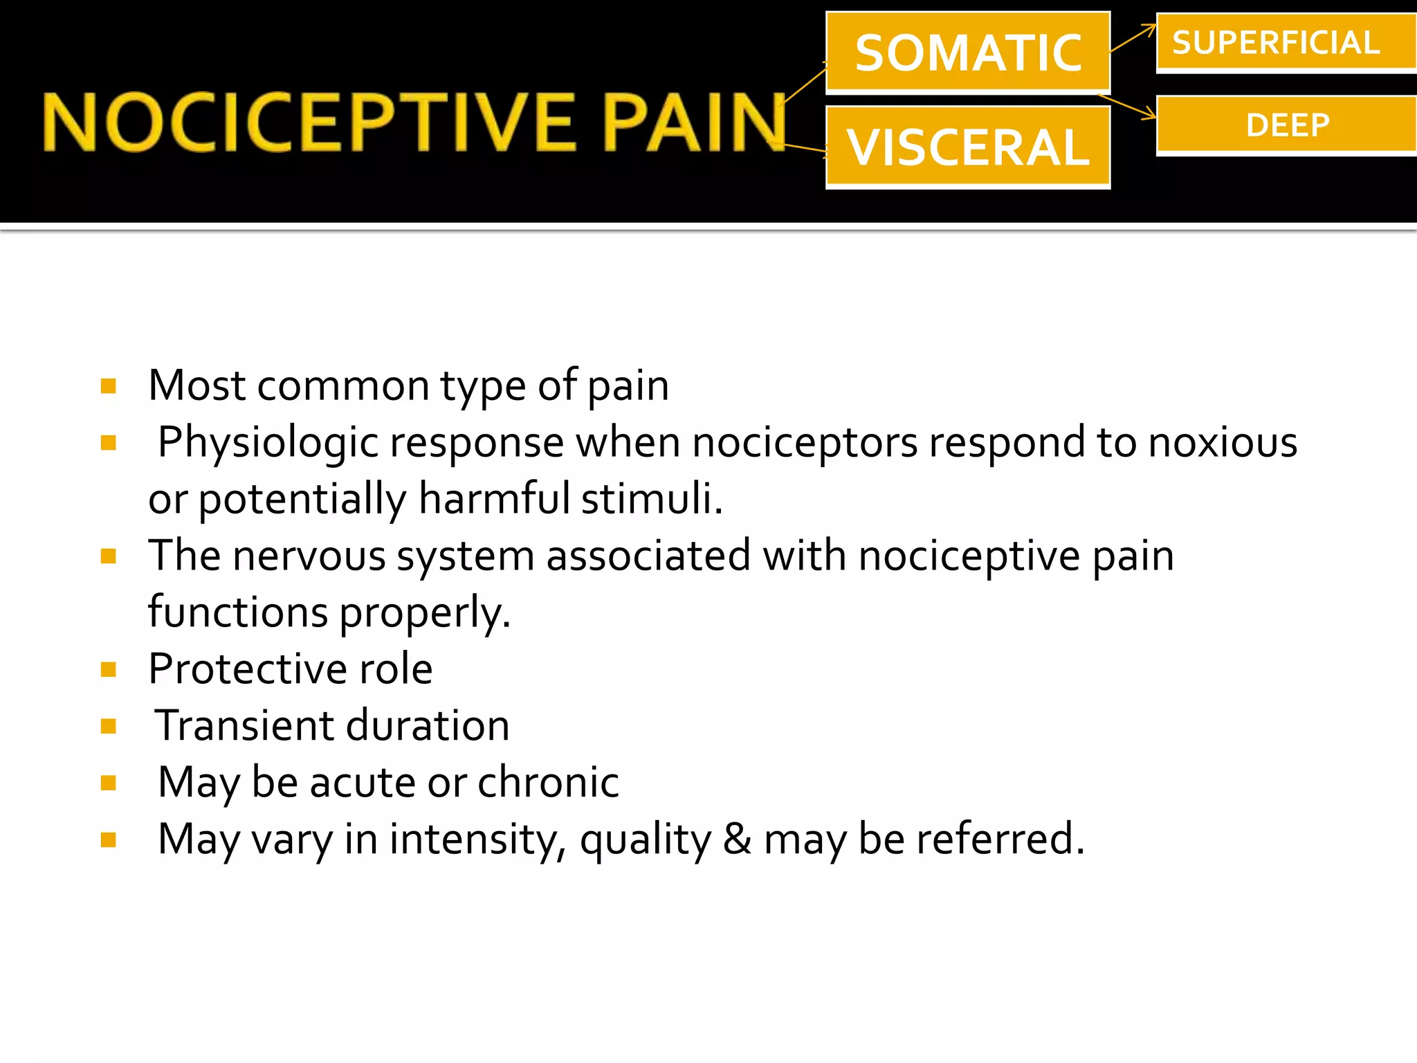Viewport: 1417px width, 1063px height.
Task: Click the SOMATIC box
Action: click(967, 53)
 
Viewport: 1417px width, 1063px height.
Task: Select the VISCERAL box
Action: click(967, 147)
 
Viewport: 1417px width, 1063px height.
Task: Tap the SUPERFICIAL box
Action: click(1286, 43)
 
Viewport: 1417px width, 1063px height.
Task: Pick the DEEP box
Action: click(1286, 125)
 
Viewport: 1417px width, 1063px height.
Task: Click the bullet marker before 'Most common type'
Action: click(109, 385)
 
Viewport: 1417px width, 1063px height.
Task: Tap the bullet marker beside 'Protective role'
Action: click(109, 669)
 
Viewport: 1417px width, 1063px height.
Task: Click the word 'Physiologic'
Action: click(268, 443)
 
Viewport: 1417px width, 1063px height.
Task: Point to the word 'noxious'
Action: click(1223, 443)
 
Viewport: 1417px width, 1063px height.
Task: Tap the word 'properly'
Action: click(425, 613)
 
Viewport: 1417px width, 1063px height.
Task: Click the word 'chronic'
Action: click(548, 783)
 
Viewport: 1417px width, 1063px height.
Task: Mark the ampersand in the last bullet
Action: click(738, 839)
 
